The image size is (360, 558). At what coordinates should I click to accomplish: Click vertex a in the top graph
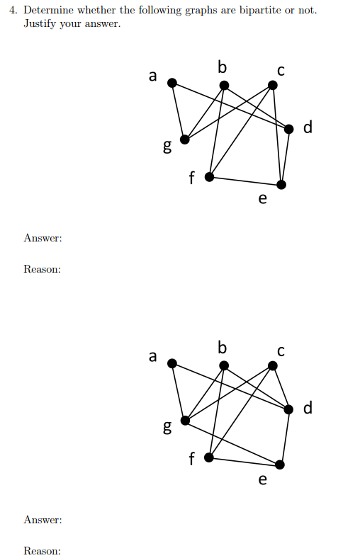pos(172,83)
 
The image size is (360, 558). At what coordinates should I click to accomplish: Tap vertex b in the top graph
pos(224,86)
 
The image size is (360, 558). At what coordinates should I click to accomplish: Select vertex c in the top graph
pos(272,85)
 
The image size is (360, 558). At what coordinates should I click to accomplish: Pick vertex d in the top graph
pos(289,129)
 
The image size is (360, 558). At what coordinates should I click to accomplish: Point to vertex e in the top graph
pos(281,185)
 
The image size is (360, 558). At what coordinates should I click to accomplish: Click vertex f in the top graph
pos(209,176)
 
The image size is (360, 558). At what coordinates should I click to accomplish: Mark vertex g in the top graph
pos(185,139)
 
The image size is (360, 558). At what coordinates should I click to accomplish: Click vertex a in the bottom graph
pos(172,363)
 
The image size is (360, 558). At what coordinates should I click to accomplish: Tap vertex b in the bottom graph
pos(224,365)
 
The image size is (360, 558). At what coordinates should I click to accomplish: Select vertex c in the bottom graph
pos(272,365)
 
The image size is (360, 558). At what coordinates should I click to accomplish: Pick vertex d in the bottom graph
pos(288,409)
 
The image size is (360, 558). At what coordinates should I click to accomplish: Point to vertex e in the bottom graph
pos(280,465)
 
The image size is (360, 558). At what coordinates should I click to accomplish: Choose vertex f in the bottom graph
pos(209,457)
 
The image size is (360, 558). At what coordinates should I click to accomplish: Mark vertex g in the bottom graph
pos(185,421)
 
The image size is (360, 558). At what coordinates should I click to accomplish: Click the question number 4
pos(13,11)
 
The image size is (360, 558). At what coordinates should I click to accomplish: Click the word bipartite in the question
pos(260,11)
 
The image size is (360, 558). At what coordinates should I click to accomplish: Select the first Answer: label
pos(43,238)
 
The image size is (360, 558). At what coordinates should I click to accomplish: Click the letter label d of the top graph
pos(308,127)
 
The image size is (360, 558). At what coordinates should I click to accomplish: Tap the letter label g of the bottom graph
pos(167,427)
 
